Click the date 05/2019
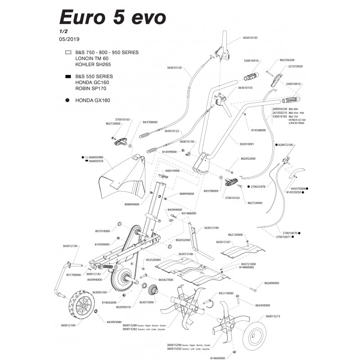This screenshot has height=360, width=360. pyautogui.click(x=69, y=39)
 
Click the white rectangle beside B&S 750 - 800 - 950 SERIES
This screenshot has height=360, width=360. pyautogui.click(x=68, y=53)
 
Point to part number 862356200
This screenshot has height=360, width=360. pyautogui.click(x=287, y=60)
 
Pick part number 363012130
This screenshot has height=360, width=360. pyautogui.click(x=70, y=246)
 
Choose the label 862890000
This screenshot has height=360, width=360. pyautogui.click(x=270, y=283)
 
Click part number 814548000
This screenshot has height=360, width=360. pyautogui.click(x=257, y=130)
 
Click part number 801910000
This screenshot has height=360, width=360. pyautogui.click(x=103, y=230)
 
